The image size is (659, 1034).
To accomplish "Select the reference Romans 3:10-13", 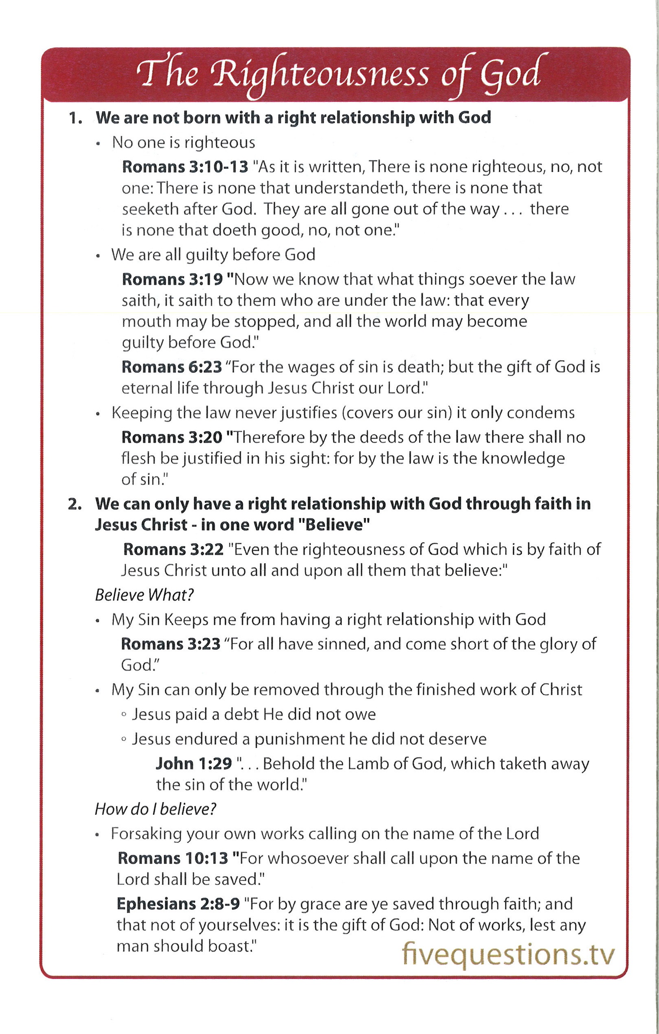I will (185, 167).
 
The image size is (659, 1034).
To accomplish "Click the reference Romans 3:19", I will (172, 279).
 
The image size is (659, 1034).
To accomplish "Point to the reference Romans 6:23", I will (172, 367).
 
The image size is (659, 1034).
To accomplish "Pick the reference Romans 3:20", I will (172, 437).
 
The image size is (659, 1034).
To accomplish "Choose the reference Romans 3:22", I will (174, 549).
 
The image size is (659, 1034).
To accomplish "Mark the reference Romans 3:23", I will (170, 644).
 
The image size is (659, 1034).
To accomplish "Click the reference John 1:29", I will (194, 763).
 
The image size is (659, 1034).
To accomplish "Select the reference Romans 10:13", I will (172, 858).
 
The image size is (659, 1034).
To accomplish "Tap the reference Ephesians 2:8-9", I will (178, 904).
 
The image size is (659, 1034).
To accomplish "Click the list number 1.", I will (75, 118).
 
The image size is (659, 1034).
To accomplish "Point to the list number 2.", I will (75, 504).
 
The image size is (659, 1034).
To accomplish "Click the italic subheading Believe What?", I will (144, 595).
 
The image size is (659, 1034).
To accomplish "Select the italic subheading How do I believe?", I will (155, 809).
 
